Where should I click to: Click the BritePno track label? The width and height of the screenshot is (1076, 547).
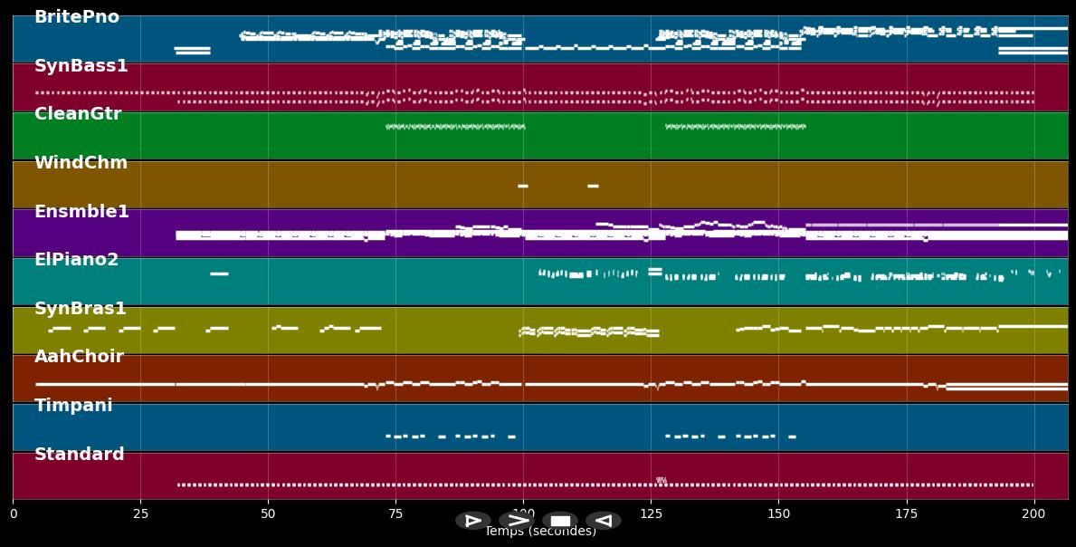77,17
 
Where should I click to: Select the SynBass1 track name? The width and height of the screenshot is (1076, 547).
81,66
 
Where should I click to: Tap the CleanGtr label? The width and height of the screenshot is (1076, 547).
78,114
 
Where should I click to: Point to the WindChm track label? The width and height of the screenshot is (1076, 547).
81,163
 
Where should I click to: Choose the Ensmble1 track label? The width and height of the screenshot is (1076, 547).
81,212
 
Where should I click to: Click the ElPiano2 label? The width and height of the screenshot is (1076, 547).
77,260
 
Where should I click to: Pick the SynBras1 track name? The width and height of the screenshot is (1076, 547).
81,309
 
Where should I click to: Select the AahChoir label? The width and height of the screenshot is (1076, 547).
79,357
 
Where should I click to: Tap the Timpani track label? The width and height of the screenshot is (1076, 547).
73,406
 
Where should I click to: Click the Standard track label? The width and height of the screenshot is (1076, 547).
80,455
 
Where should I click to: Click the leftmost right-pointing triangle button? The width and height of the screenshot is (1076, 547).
473,521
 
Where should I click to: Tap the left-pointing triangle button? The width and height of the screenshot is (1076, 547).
604,521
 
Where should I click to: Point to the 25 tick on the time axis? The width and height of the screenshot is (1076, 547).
140,513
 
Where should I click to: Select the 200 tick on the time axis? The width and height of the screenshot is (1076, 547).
1033,513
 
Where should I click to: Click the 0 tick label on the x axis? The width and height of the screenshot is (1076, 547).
13,513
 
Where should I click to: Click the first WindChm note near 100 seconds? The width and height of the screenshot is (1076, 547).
523,186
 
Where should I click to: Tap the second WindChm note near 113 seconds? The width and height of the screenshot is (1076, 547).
593,186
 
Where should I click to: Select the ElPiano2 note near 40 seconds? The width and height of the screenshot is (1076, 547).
219,273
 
